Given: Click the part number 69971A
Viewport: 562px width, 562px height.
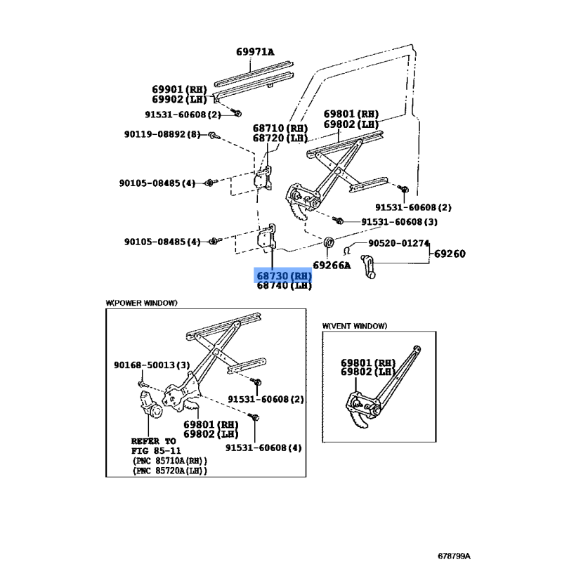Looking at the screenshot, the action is (x=255, y=52).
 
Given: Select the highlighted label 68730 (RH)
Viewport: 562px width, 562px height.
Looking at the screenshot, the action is (x=284, y=276).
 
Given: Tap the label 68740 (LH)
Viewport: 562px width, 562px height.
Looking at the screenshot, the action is (x=284, y=286).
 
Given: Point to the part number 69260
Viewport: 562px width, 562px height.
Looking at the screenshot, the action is (x=450, y=254).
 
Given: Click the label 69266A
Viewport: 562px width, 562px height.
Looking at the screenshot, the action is (x=332, y=266).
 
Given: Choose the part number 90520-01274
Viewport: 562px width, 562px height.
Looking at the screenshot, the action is (x=398, y=243).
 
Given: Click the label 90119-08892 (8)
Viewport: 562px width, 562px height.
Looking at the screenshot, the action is (x=162, y=134).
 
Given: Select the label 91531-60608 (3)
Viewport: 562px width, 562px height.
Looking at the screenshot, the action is (x=399, y=222).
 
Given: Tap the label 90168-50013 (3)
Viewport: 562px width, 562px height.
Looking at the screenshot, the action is (x=152, y=365).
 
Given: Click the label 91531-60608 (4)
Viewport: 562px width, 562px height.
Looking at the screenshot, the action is (x=263, y=447).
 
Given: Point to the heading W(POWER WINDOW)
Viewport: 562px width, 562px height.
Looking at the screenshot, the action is (x=142, y=303).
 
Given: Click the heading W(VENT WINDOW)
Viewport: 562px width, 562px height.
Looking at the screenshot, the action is (x=355, y=326).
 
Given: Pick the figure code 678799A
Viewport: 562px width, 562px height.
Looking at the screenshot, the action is (x=454, y=556).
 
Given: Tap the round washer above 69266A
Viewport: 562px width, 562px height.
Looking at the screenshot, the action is (x=329, y=242).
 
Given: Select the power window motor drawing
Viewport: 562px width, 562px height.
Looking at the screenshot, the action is (x=150, y=405).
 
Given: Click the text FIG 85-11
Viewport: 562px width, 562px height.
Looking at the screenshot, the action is (x=156, y=451).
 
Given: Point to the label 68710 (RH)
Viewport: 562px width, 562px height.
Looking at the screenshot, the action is (x=280, y=129).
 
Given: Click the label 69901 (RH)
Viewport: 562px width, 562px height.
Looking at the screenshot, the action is (x=180, y=89).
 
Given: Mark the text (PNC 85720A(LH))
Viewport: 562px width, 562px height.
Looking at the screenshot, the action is (x=170, y=471).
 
